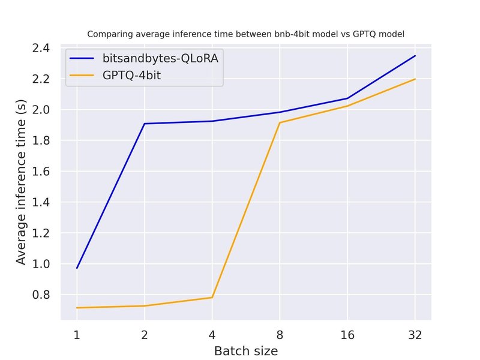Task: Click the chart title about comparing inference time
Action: coord(245,34)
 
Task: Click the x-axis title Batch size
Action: coord(245,350)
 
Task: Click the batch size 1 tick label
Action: coord(77,335)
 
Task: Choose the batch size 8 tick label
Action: coord(280,335)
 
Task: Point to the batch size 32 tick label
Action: coord(415,335)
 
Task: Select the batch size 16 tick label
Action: coord(347,335)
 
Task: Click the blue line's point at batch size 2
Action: coord(145,124)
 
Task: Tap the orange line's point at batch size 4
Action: coord(212,298)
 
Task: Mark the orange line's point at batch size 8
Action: coord(280,123)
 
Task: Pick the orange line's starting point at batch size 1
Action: coord(77,308)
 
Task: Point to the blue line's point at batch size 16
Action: coord(347,98)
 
